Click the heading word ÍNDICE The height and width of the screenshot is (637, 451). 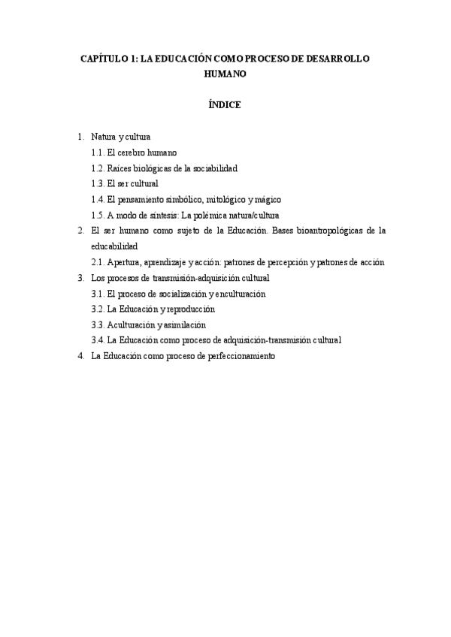point(225,105)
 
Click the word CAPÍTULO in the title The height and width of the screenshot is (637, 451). point(104,59)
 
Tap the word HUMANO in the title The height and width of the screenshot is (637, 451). point(225,75)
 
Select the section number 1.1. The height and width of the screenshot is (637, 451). point(97,152)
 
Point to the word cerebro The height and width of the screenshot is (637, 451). point(132,152)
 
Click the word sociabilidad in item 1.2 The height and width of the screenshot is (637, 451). point(212,168)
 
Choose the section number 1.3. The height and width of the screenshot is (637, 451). point(97,184)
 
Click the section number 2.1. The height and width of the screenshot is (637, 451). point(97,262)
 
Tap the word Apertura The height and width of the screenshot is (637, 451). point(124,262)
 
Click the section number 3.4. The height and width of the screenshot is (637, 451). point(97,341)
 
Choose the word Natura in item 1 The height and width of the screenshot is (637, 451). point(104,137)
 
